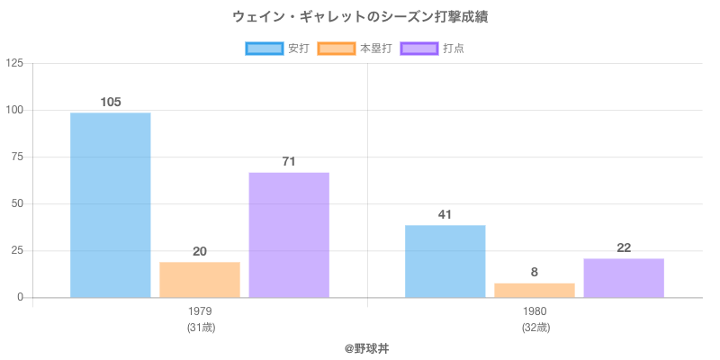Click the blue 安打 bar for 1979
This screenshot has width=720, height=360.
click(110, 205)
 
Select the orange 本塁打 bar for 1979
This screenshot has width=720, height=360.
click(200, 279)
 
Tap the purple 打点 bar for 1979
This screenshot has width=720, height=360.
click(289, 235)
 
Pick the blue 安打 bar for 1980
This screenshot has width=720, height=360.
click(445, 261)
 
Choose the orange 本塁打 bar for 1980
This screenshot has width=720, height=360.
click(535, 290)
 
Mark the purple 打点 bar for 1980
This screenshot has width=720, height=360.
click(624, 278)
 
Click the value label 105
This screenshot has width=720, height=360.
click(110, 102)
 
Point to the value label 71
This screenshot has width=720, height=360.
click(289, 161)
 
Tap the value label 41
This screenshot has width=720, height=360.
click(445, 214)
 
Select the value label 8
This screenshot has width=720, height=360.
click(535, 272)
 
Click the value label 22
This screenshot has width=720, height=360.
click(624, 247)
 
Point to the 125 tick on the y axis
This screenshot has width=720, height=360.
click(15, 63)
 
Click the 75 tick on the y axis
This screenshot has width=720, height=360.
click(18, 157)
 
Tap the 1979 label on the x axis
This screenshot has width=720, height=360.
click(200, 311)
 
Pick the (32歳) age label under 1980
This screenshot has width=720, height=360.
click(535, 328)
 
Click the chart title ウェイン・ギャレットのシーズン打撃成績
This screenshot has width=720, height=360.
click(360, 17)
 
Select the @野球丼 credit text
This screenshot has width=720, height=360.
click(360, 347)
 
